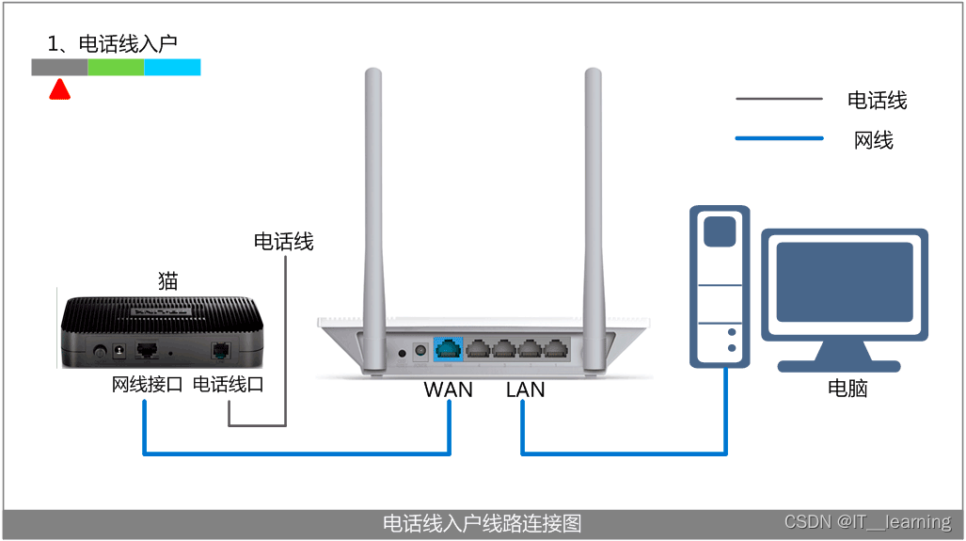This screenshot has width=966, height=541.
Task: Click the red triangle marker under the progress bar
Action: pyautogui.click(x=60, y=89)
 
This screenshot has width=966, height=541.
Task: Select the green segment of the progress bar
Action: pyautogui.click(x=116, y=67)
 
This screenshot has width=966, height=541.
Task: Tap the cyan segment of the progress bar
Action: pyautogui.click(x=172, y=67)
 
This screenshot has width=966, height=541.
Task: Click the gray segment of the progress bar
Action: pyautogui.click(x=59, y=67)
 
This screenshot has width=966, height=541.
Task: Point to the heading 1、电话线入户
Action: pyautogui.click(x=112, y=43)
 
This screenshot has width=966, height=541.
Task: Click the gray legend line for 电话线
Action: pyautogui.click(x=779, y=99)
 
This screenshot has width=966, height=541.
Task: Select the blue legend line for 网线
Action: pyautogui.click(x=779, y=140)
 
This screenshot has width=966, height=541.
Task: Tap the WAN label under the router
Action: pyautogui.click(x=448, y=390)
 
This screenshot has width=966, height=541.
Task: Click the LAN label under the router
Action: pyautogui.click(x=525, y=390)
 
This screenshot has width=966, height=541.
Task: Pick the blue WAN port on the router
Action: pyautogui.click(x=449, y=348)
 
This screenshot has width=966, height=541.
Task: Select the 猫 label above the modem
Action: pyautogui.click(x=167, y=280)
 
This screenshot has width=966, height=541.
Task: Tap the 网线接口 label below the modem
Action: pyautogui.click(x=147, y=385)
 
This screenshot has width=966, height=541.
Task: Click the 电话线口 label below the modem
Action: pyautogui.click(x=228, y=385)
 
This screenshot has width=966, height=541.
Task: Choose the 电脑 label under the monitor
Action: pyautogui.click(x=847, y=389)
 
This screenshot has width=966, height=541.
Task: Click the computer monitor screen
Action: pyautogui.click(x=845, y=283)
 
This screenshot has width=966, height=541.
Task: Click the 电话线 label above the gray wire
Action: pyautogui.click(x=283, y=242)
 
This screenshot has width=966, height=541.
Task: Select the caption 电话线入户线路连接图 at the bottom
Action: pyautogui.click(x=483, y=523)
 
